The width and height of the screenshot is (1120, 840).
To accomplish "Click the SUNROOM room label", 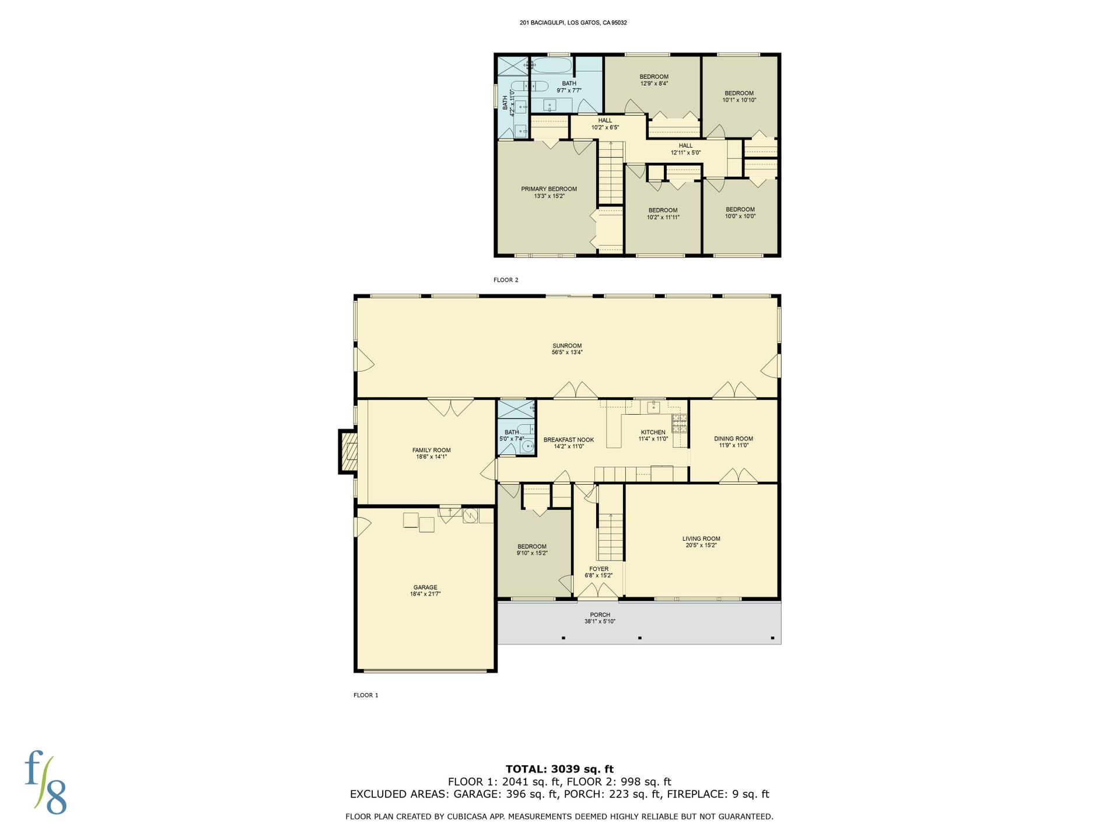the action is pos(567,346).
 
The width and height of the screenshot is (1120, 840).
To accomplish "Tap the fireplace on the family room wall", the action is pos(348,452).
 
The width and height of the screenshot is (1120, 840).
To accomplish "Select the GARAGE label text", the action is pos(425,587).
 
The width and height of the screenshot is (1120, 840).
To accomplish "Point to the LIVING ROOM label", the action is pos(701,539).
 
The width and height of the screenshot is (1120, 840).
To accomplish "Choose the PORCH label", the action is pos(600,615).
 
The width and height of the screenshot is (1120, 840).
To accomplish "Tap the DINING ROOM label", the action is pos(733,439).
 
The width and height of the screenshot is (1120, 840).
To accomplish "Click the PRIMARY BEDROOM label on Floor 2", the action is pos(549,189).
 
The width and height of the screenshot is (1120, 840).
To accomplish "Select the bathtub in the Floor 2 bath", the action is pos(551,65).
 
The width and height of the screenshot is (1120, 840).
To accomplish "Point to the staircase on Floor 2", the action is pos(611,173).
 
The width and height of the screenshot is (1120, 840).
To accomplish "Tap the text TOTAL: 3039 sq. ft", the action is pos(559,769).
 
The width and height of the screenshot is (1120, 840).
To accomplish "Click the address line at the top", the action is pos(573,23).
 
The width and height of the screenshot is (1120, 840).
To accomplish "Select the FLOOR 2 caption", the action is pos(506,280).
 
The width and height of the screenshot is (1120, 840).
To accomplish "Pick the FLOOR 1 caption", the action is pos(366,695).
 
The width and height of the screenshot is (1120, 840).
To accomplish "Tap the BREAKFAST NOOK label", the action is pos(569,440).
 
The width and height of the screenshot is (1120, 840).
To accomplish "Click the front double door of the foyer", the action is pos(598,591).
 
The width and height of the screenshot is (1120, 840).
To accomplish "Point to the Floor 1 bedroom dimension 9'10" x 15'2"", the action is pos(532,553).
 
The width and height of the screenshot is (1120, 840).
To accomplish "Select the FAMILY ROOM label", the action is pos(432,450).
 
